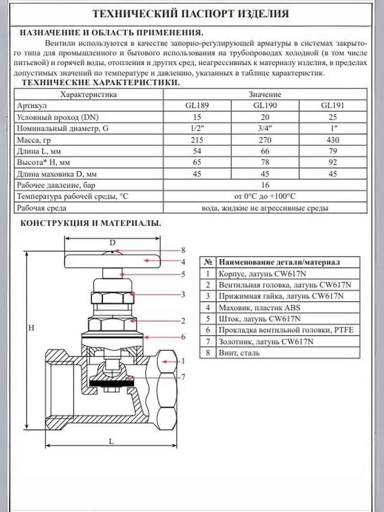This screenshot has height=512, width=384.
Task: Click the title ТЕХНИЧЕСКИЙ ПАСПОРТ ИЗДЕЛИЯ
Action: pyautogui.click(x=191, y=14)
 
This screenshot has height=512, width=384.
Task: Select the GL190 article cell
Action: pyautogui.click(x=265, y=105)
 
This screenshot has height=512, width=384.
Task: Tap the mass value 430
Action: pyautogui.click(x=333, y=140)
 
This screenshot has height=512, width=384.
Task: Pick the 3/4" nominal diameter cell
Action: pyautogui.click(x=265, y=128)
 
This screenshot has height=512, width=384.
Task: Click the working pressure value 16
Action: pyautogui.click(x=265, y=185)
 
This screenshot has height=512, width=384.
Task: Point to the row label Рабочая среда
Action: pyautogui.click(x=42, y=208)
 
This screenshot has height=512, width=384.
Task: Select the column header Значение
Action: pyautogui.click(x=265, y=94)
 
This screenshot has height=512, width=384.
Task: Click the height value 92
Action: pyautogui.click(x=333, y=163)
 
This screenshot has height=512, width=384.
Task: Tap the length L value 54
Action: pyautogui.click(x=197, y=151)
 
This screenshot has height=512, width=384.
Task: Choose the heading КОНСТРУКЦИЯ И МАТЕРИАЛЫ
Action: pyautogui.click(x=91, y=223)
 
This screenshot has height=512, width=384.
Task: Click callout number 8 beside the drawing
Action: pyautogui.click(x=183, y=250)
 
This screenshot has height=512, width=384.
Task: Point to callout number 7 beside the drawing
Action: pyautogui.click(x=183, y=377)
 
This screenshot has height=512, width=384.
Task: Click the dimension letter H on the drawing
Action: pyautogui.click(x=31, y=328)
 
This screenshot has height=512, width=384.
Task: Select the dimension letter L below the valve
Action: pyautogui.click(x=111, y=442)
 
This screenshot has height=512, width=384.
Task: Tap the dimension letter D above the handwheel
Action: pyautogui.click(x=113, y=243)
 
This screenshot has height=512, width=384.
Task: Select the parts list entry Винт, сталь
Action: pyautogui.click(x=239, y=353)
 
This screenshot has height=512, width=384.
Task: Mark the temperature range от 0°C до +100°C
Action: pyautogui.click(x=265, y=197)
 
